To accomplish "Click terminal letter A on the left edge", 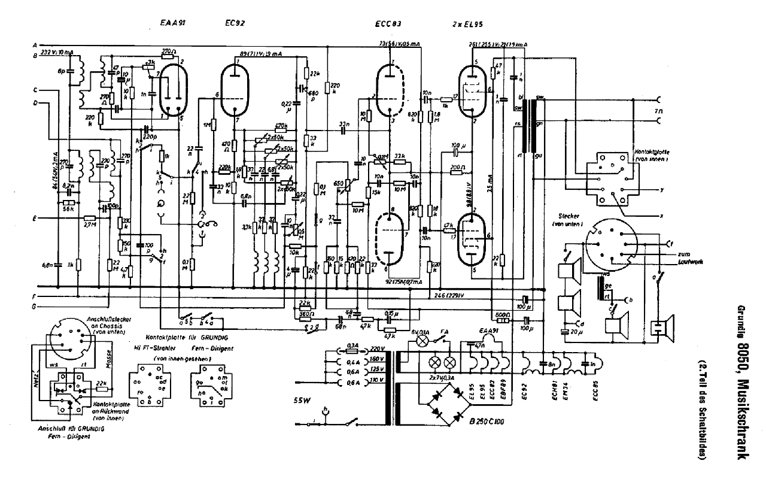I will pos(35,46).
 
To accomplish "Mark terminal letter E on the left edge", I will pos(35,219).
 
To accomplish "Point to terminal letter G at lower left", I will pos(35,307).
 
